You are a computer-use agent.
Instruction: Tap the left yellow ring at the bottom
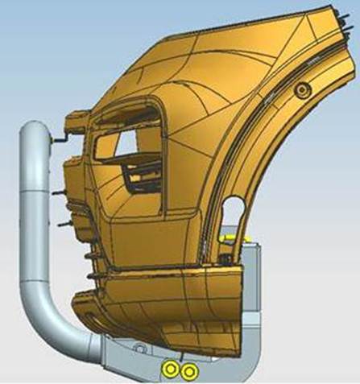pos(171,369)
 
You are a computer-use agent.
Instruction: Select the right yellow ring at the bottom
pos(188,370)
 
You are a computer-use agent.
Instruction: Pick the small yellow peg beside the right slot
pos(230,238)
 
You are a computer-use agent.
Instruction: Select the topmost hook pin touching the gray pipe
pos(57,142)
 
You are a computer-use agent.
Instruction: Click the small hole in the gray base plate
pos(141,348)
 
